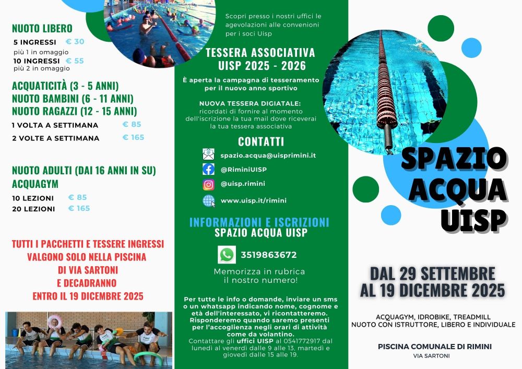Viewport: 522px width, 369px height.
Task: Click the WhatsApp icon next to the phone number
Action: tap(227, 255)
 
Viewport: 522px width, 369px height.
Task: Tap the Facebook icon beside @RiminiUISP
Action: tap(208, 169)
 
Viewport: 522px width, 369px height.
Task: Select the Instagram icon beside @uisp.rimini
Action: tap(208, 184)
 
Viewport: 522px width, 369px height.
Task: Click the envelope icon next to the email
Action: tap(208, 154)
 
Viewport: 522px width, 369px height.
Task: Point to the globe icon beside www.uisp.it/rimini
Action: tap(208, 200)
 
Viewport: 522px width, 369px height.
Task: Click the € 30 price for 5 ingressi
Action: tap(75, 42)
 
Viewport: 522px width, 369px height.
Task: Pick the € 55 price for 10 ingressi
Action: tap(75, 61)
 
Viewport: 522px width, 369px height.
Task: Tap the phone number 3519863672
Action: tap(269, 255)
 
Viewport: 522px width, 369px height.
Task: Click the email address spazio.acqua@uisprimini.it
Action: tap(268, 155)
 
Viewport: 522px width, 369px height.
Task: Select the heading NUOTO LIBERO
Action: tap(42, 28)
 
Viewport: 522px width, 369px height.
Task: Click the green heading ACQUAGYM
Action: tap(35, 184)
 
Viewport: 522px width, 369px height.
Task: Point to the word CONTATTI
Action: tap(261, 141)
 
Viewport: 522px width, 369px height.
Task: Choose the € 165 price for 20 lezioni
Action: tap(79, 208)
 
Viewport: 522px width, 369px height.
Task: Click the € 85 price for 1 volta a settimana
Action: tap(132, 124)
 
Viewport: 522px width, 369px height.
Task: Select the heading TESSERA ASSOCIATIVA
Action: tap(260, 53)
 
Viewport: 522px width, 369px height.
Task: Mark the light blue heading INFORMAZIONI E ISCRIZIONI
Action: tap(259, 222)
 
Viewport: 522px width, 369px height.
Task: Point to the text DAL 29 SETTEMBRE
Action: tap(433, 273)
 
